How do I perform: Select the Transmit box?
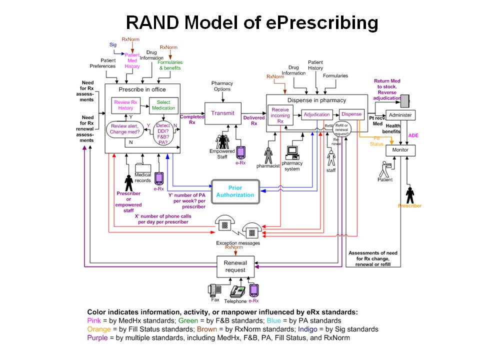click(x=222, y=113)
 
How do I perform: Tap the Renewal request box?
click(x=235, y=266)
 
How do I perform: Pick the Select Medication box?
click(x=163, y=105)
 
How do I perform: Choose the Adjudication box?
click(x=316, y=114)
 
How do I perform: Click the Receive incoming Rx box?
click(x=280, y=114)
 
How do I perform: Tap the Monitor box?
click(x=400, y=149)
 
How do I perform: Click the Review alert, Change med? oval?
click(x=125, y=129)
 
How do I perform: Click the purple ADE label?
click(x=413, y=135)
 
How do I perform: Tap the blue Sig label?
click(x=113, y=44)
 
